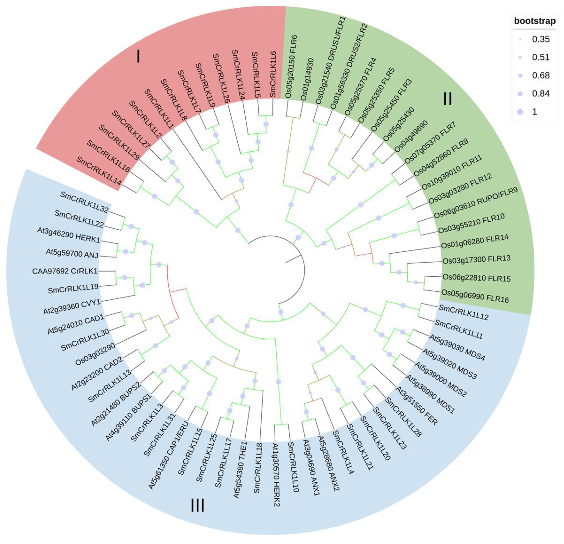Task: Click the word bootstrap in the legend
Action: [x=535, y=21]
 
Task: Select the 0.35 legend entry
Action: [x=540, y=39]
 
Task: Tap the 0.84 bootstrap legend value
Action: [x=540, y=93]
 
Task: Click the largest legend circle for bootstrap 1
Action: [x=520, y=112]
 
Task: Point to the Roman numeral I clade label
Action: [x=138, y=57]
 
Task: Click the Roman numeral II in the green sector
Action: [x=447, y=99]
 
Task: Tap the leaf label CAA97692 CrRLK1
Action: [x=65, y=271]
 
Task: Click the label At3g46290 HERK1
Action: [x=68, y=235]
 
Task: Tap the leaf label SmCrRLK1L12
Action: [x=463, y=312]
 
